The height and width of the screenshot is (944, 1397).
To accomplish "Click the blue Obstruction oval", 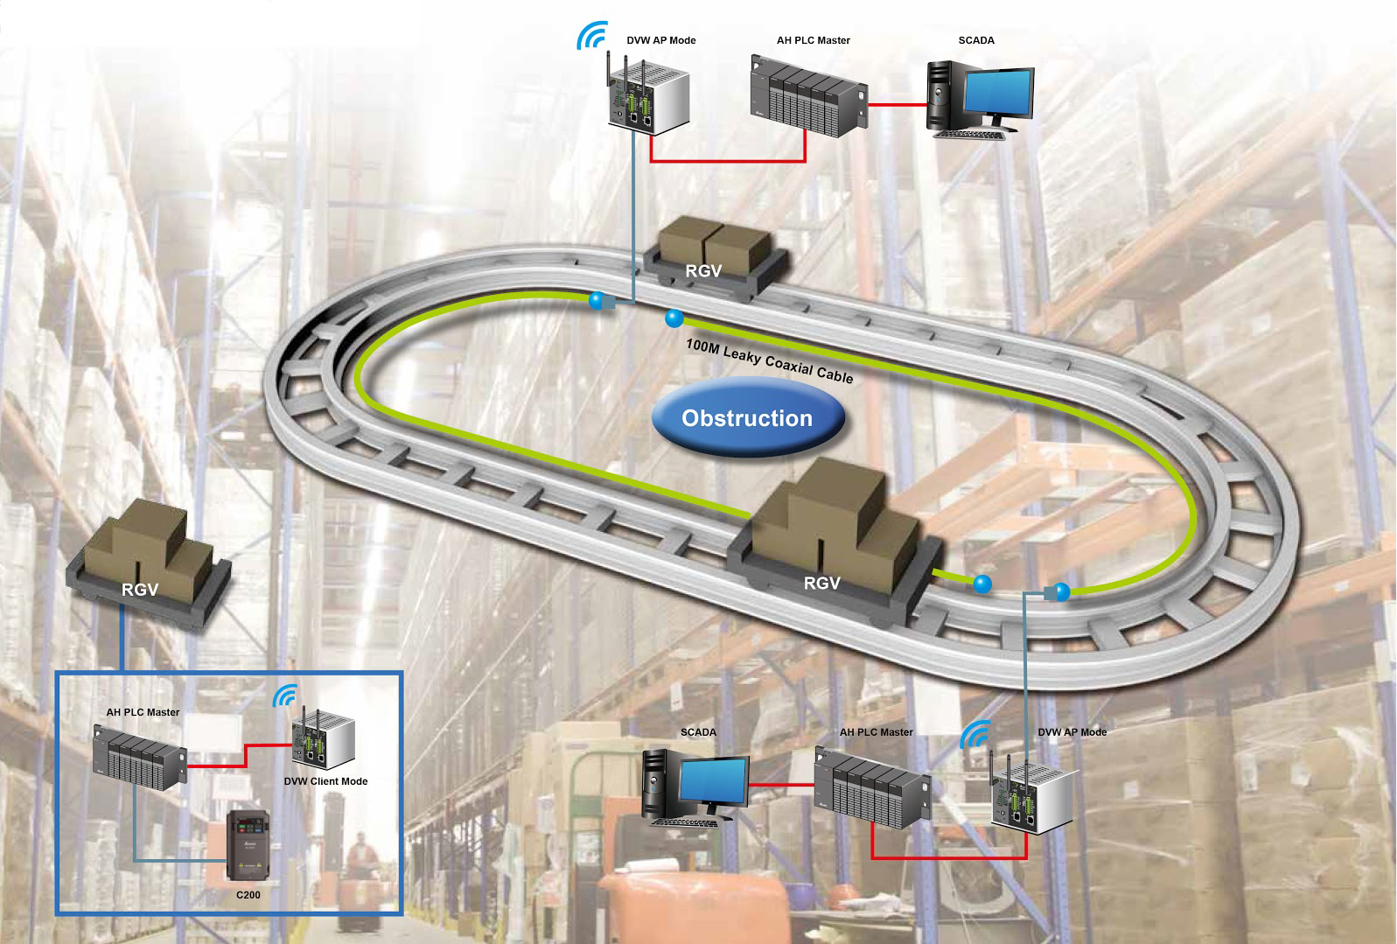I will click(x=747, y=418).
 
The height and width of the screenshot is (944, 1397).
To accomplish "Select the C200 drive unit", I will click(x=248, y=845).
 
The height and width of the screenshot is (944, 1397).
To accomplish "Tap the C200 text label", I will click(x=248, y=895).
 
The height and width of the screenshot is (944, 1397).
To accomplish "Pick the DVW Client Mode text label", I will click(x=325, y=781).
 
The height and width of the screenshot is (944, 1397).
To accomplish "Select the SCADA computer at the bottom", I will click(x=695, y=786).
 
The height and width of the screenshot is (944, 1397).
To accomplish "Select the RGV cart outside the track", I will click(x=149, y=564).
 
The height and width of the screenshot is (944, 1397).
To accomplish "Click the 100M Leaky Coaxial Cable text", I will click(x=769, y=360).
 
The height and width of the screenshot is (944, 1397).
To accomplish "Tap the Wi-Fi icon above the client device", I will click(x=284, y=696).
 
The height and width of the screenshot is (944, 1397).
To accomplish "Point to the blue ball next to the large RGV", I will click(x=982, y=584).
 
